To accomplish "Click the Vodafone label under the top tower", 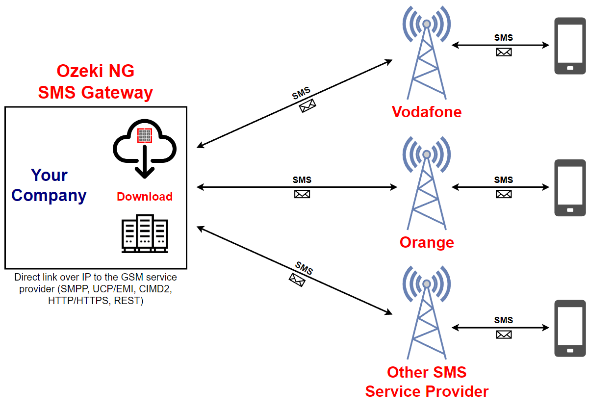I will click(x=427, y=112).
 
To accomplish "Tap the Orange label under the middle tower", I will click(x=427, y=242).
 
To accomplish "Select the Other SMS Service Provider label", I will click(x=427, y=382).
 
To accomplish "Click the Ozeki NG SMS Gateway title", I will click(x=96, y=81).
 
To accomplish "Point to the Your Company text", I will click(x=49, y=185).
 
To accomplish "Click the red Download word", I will click(x=145, y=197).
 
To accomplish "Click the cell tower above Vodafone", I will click(x=427, y=54).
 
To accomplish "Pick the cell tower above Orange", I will click(x=427, y=184).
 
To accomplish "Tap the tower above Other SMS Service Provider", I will click(x=427, y=314).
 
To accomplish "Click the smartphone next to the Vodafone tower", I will click(x=570, y=46).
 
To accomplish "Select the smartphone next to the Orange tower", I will click(x=570, y=187).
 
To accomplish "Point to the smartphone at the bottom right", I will click(x=570, y=328).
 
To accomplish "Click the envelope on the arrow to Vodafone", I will click(x=307, y=105).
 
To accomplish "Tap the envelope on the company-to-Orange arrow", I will click(x=302, y=194).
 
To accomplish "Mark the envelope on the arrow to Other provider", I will click(x=297, y=280).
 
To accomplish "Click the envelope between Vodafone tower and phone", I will click(x=504, y=52).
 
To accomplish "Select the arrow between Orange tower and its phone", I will click(x=500, y=187).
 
